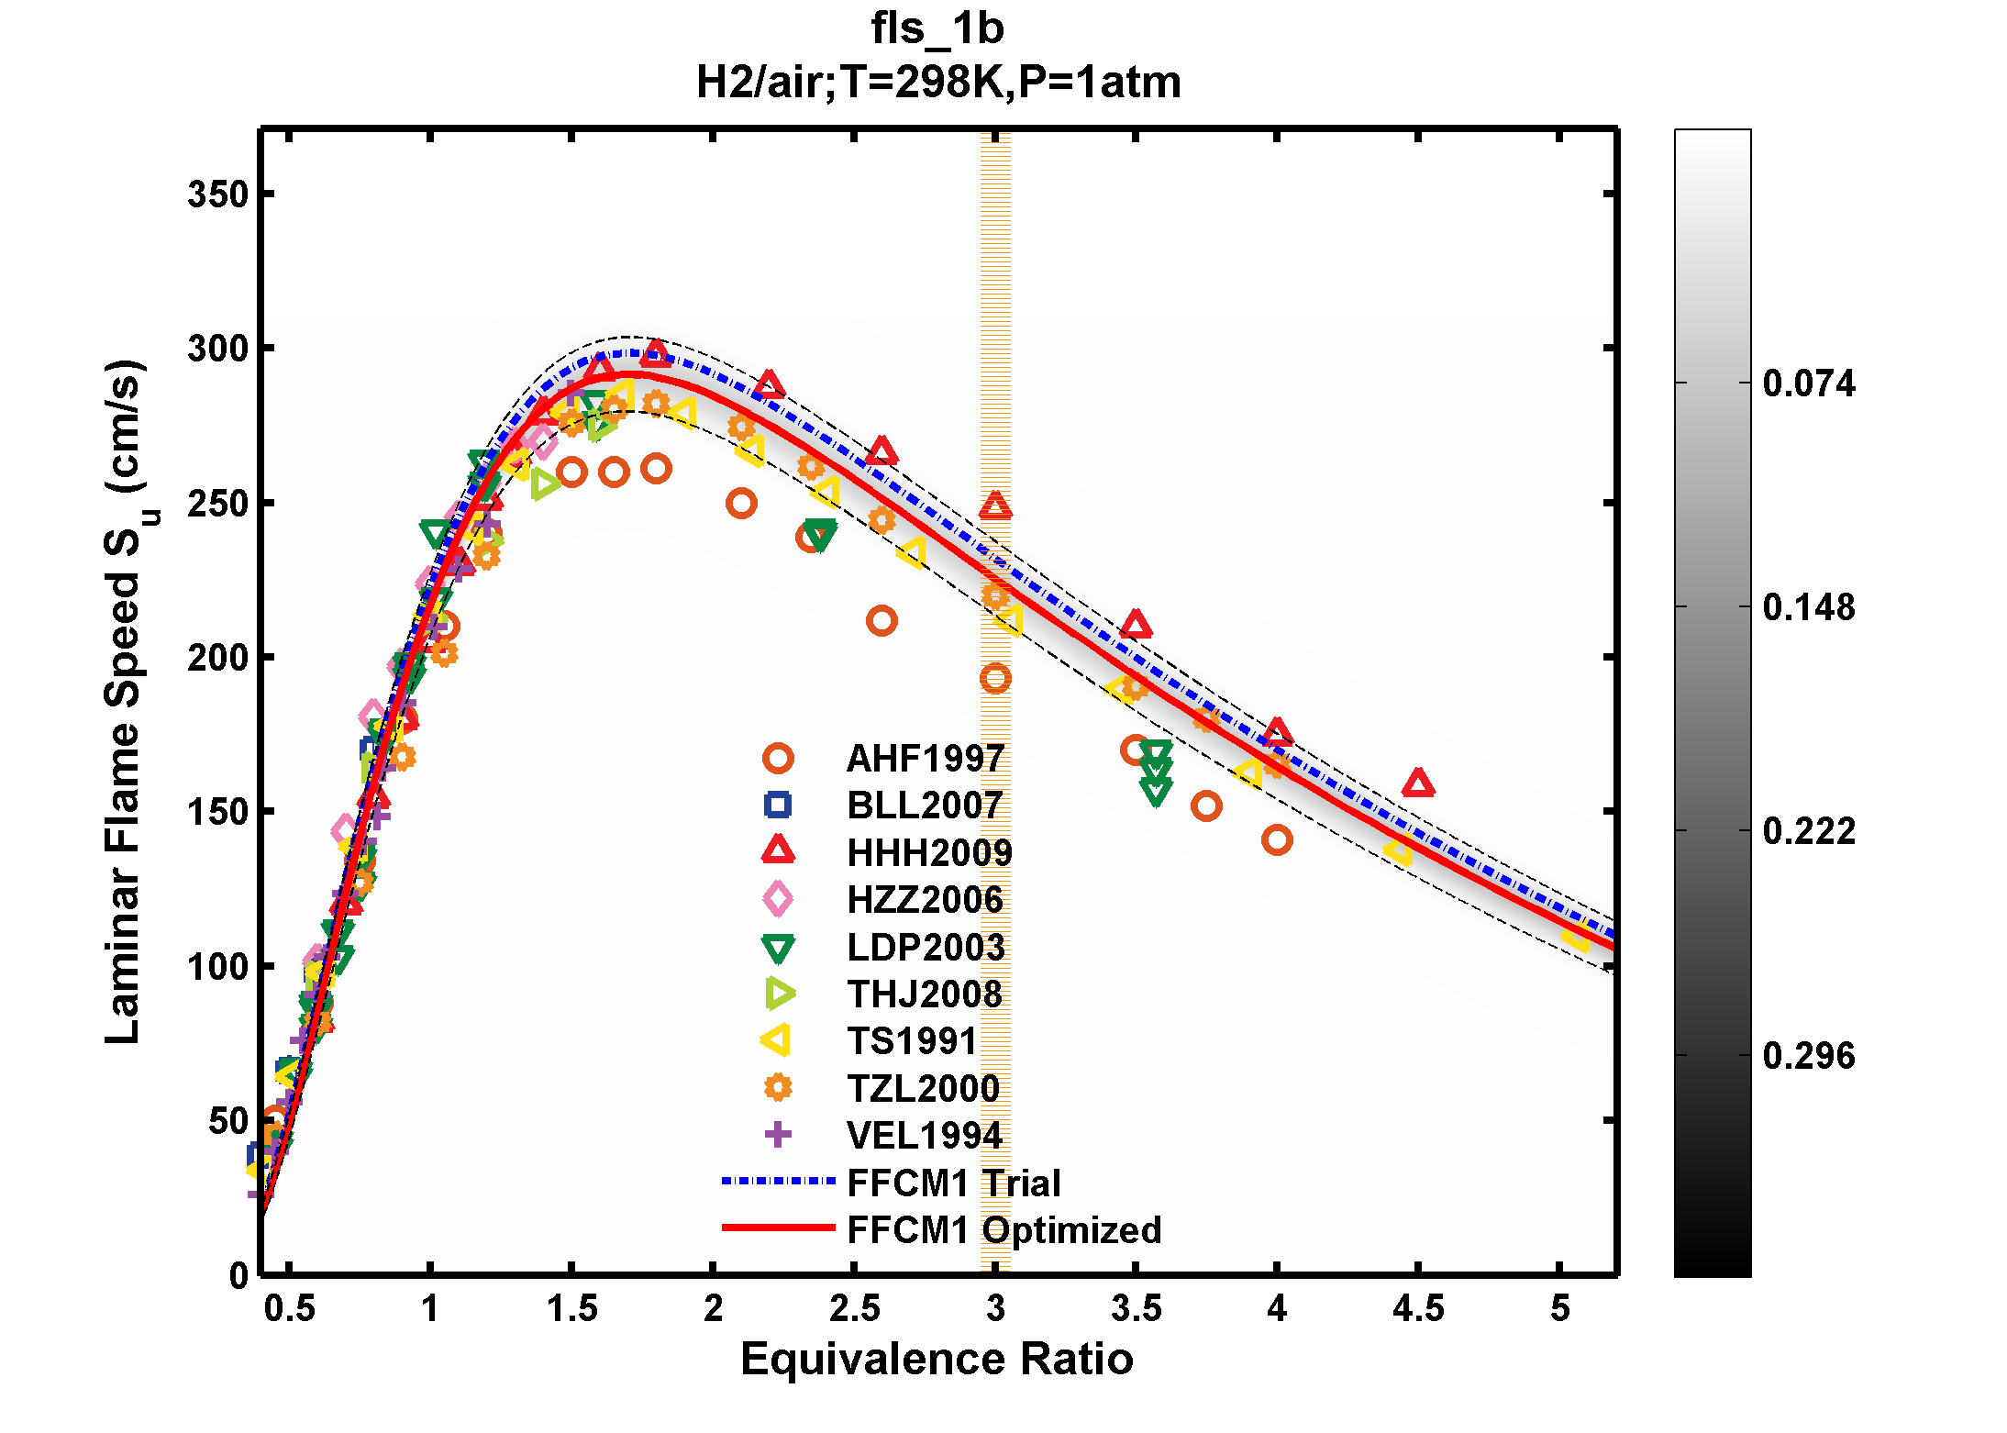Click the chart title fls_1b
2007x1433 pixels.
click(937, 28)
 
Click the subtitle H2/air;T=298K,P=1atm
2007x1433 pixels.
click(937, 83)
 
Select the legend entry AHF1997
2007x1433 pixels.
click(924, 759)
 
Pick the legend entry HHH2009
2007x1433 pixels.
click(928, 853)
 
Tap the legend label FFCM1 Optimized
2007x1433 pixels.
click(1003, 1230)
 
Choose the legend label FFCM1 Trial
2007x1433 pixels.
click(953, 1183)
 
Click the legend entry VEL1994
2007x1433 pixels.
click(924, 1136)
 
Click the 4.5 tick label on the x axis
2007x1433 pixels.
click(1417, 1308)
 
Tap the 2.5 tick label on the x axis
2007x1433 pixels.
click(854, 1308)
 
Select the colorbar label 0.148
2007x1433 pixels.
click(1808, 607)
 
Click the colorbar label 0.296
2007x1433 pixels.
click(1808, 1056)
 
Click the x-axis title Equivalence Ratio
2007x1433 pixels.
click(937, 1359)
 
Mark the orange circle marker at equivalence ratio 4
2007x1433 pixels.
click(1277, 839)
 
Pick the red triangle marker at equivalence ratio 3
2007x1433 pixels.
click(995, 506)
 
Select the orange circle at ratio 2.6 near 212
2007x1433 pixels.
click(882, 621)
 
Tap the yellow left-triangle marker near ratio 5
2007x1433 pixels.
click(1575, 937)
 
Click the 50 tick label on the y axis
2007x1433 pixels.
click(228, 1121)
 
